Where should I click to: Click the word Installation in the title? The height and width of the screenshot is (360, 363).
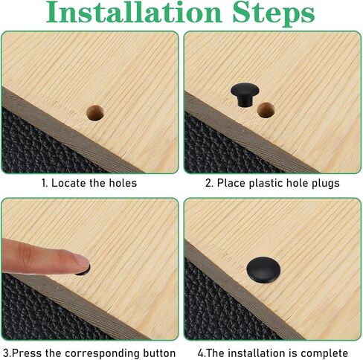point(134,13)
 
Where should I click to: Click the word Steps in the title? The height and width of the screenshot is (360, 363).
point(274,13)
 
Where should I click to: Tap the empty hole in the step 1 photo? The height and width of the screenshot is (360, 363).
point(95,113)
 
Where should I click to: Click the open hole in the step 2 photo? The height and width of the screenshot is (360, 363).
point(266,110)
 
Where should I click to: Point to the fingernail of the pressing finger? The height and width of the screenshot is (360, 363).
point(83,260)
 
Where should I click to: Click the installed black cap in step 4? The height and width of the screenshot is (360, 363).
point(263,270)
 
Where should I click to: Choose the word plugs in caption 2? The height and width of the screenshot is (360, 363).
point(326,184)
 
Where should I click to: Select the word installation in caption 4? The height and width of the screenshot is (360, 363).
point(256,353)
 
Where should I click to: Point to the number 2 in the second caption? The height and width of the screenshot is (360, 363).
point(208,183)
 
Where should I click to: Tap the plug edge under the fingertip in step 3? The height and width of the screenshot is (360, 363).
point(82,273)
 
